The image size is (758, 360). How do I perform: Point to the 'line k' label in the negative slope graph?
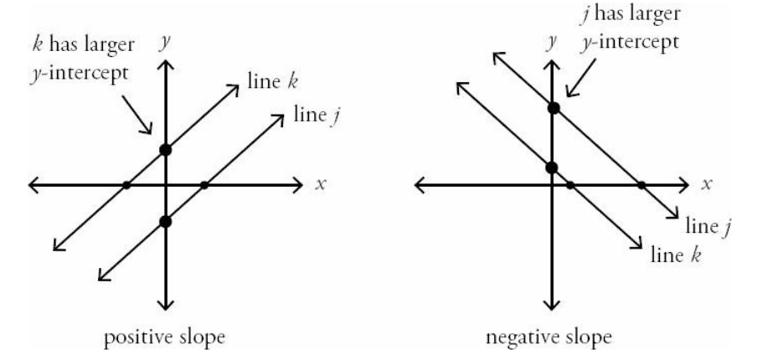675,252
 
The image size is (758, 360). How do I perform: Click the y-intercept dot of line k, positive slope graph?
165,150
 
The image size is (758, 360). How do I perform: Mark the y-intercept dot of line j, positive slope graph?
165,221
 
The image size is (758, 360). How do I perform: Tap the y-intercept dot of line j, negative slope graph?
553,108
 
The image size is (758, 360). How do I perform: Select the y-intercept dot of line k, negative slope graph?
551,167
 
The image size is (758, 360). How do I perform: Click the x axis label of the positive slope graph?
319,184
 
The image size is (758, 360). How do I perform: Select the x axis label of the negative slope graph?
707,184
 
